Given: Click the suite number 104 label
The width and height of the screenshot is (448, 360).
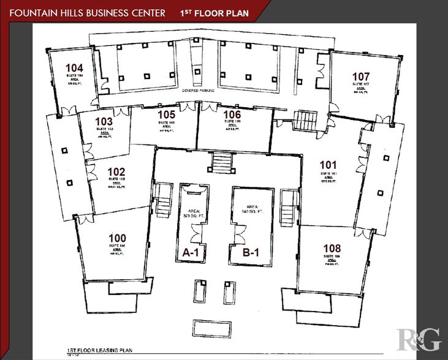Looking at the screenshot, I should [x=75, y=68].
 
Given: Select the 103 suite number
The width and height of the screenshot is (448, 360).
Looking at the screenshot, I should [x=104, y=121].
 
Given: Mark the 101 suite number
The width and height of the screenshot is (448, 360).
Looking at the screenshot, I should [x=328, y=165].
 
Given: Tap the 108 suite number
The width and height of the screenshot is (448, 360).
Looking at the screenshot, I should [x=332, y=247].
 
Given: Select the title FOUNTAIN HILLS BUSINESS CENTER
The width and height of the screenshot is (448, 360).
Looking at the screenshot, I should [x=86, y=13].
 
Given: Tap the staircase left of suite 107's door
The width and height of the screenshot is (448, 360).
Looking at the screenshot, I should [x=303, y=119].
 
